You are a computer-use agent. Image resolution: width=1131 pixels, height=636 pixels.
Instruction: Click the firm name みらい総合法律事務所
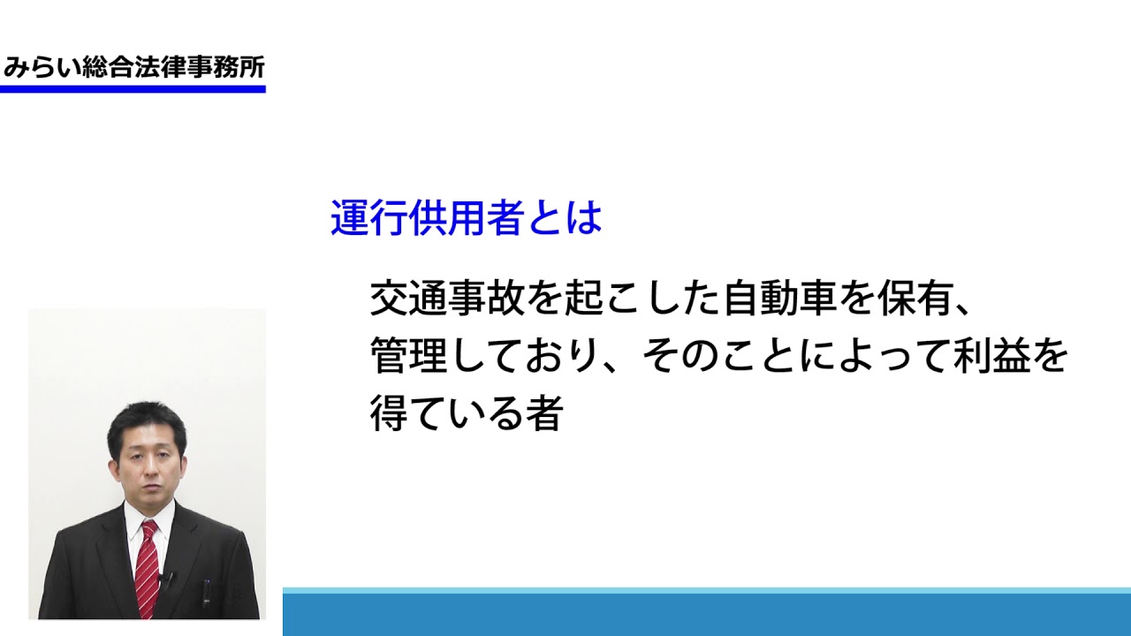pyautogui.click(x=133, y=68)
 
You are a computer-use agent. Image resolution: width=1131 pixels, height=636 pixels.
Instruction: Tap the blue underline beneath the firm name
pyautogui.click(x=133, y=89)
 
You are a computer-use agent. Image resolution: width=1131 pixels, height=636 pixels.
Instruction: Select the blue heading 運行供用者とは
pyautogui.click(x=466, y=218)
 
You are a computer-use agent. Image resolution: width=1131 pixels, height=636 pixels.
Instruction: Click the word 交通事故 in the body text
pyautogui.click(x=447, y=298)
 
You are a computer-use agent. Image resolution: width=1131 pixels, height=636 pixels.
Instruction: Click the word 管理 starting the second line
pyautogui.click(x=408, y=355)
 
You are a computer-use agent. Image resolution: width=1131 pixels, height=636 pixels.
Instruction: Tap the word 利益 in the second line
pyautogui.click(x=992, y=355)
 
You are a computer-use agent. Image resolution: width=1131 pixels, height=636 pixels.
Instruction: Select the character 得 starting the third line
pyautogui.click(x=390, y=413)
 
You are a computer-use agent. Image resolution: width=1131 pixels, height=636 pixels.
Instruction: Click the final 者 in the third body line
pyautogui.click(x=545, y=413)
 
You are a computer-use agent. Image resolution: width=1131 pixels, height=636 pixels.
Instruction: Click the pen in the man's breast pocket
pyautogui.click(x=206, y=594)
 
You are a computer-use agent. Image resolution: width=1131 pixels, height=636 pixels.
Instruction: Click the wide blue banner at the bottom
pyautogui.click(x=706, y=612)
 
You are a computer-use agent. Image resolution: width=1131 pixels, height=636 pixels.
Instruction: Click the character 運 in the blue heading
pyautogui.click(x=349, y=218)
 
